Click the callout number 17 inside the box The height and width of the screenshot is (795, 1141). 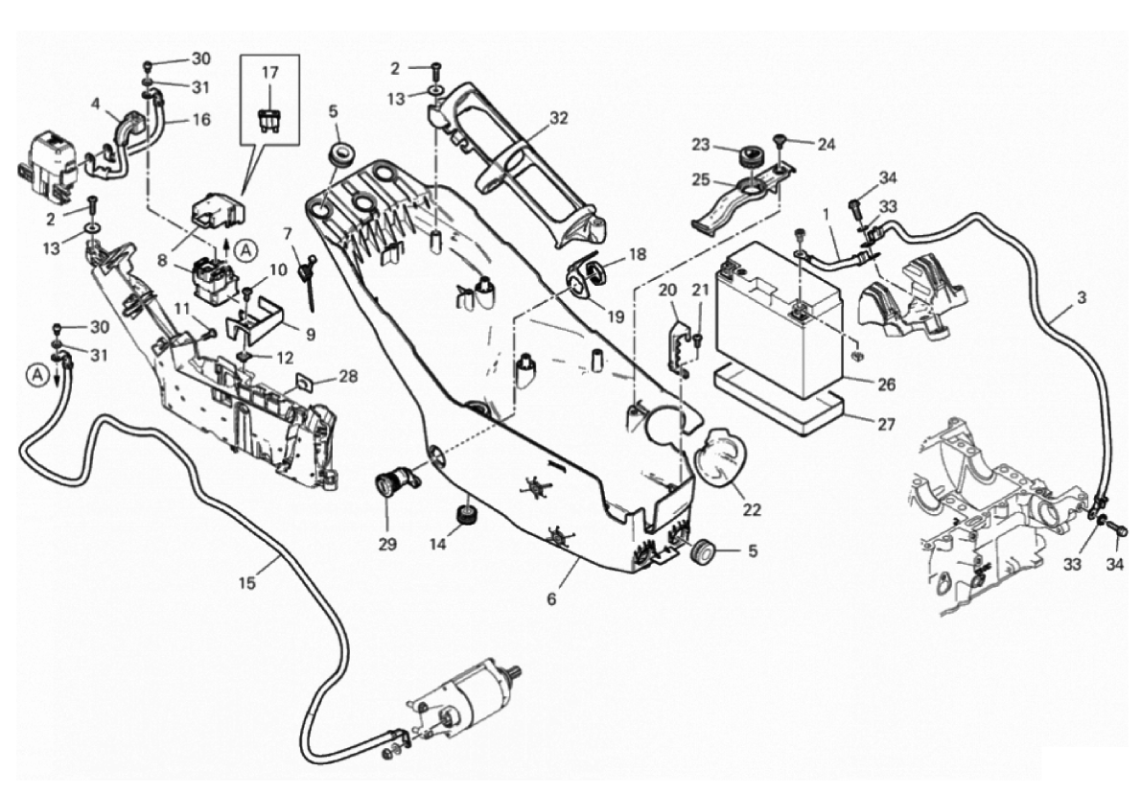[270, 72]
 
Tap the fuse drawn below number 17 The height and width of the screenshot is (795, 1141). [269, 121]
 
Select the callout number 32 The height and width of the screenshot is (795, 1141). [559, 119]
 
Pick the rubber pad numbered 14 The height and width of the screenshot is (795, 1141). [466, 515]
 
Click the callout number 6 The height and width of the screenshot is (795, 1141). [551, 599]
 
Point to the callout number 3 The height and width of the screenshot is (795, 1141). [1081, 298]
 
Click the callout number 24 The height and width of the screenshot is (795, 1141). [827, 145]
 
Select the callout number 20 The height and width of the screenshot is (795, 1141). [668, 290]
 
